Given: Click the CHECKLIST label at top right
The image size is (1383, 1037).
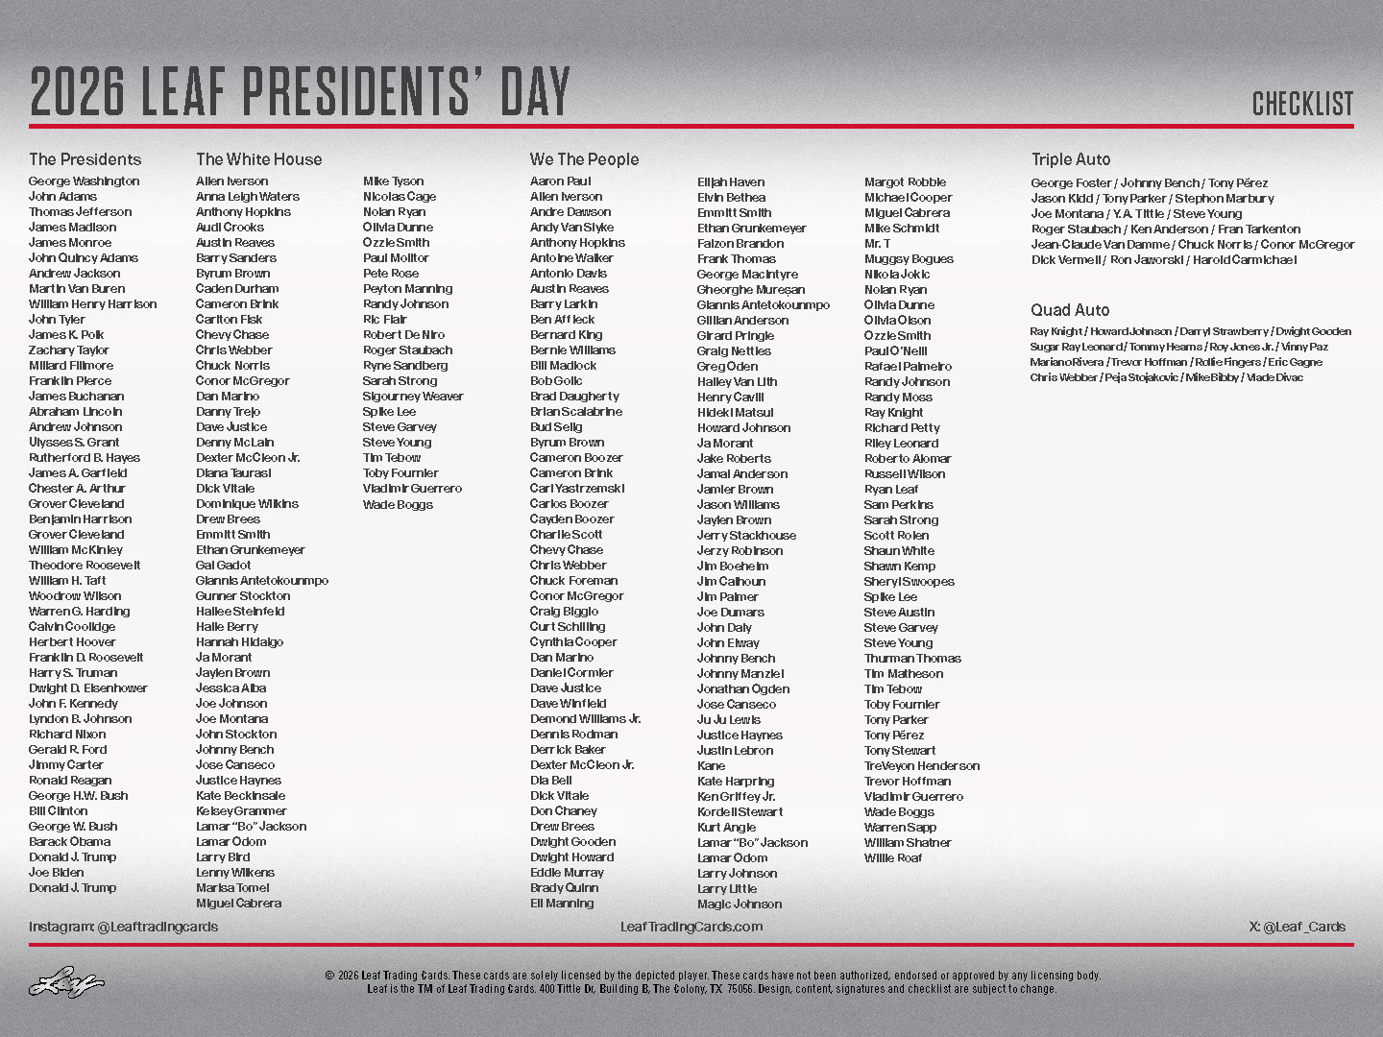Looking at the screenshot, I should pyautogui.click(x=1302, y=104).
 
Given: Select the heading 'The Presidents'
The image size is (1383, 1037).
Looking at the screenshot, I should pyautogui.click(x=85, y=159).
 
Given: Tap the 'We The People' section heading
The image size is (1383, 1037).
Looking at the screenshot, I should pyautogui.click(x=584, y=159).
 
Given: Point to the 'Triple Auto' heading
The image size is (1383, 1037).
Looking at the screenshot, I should pyautogui.click(x=1071, y=159).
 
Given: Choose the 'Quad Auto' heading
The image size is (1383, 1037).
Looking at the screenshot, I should pyautogui.click(x=1070, y=310).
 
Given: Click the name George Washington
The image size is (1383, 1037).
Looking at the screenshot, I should pyautogui.click(x=84, y=181).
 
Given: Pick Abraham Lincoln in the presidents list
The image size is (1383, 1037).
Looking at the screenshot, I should pyautogui.click(x=75, y=412).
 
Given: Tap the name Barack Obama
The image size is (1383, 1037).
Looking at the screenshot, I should pyautogui.click(x=69, y=842).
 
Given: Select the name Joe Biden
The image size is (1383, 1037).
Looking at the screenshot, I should pyautogui.click(x=56, y=873).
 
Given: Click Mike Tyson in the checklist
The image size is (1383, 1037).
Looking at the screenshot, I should pyautogui.click(x=393, y=181).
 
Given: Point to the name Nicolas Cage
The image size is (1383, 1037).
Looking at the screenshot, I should pyautogui.click(x=400, y=197).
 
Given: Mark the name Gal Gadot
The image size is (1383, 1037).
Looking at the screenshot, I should pyautogui.click(x=223, y=566).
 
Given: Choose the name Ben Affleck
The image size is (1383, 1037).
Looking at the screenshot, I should pyautogui.click(x=562, y=320).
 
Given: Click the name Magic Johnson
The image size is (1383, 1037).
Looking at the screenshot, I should pyautogui.click(x=740, y=904).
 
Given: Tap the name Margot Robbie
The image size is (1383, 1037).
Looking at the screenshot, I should pyautogui.click(x=905, y=182).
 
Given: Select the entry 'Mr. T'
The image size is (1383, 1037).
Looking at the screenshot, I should pyautogui.click(x=877, y=244).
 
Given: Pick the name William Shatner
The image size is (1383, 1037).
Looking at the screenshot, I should pyautogui.click(x=908, y=843).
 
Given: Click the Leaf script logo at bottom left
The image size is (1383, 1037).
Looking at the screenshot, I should pyautogui.click(x=65, y=982).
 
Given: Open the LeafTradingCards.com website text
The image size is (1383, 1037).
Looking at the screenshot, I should pyautogui.click(x=691, y=927).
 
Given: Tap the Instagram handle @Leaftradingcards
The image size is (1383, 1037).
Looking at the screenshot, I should pyautogui.click(x=123, y=927).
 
